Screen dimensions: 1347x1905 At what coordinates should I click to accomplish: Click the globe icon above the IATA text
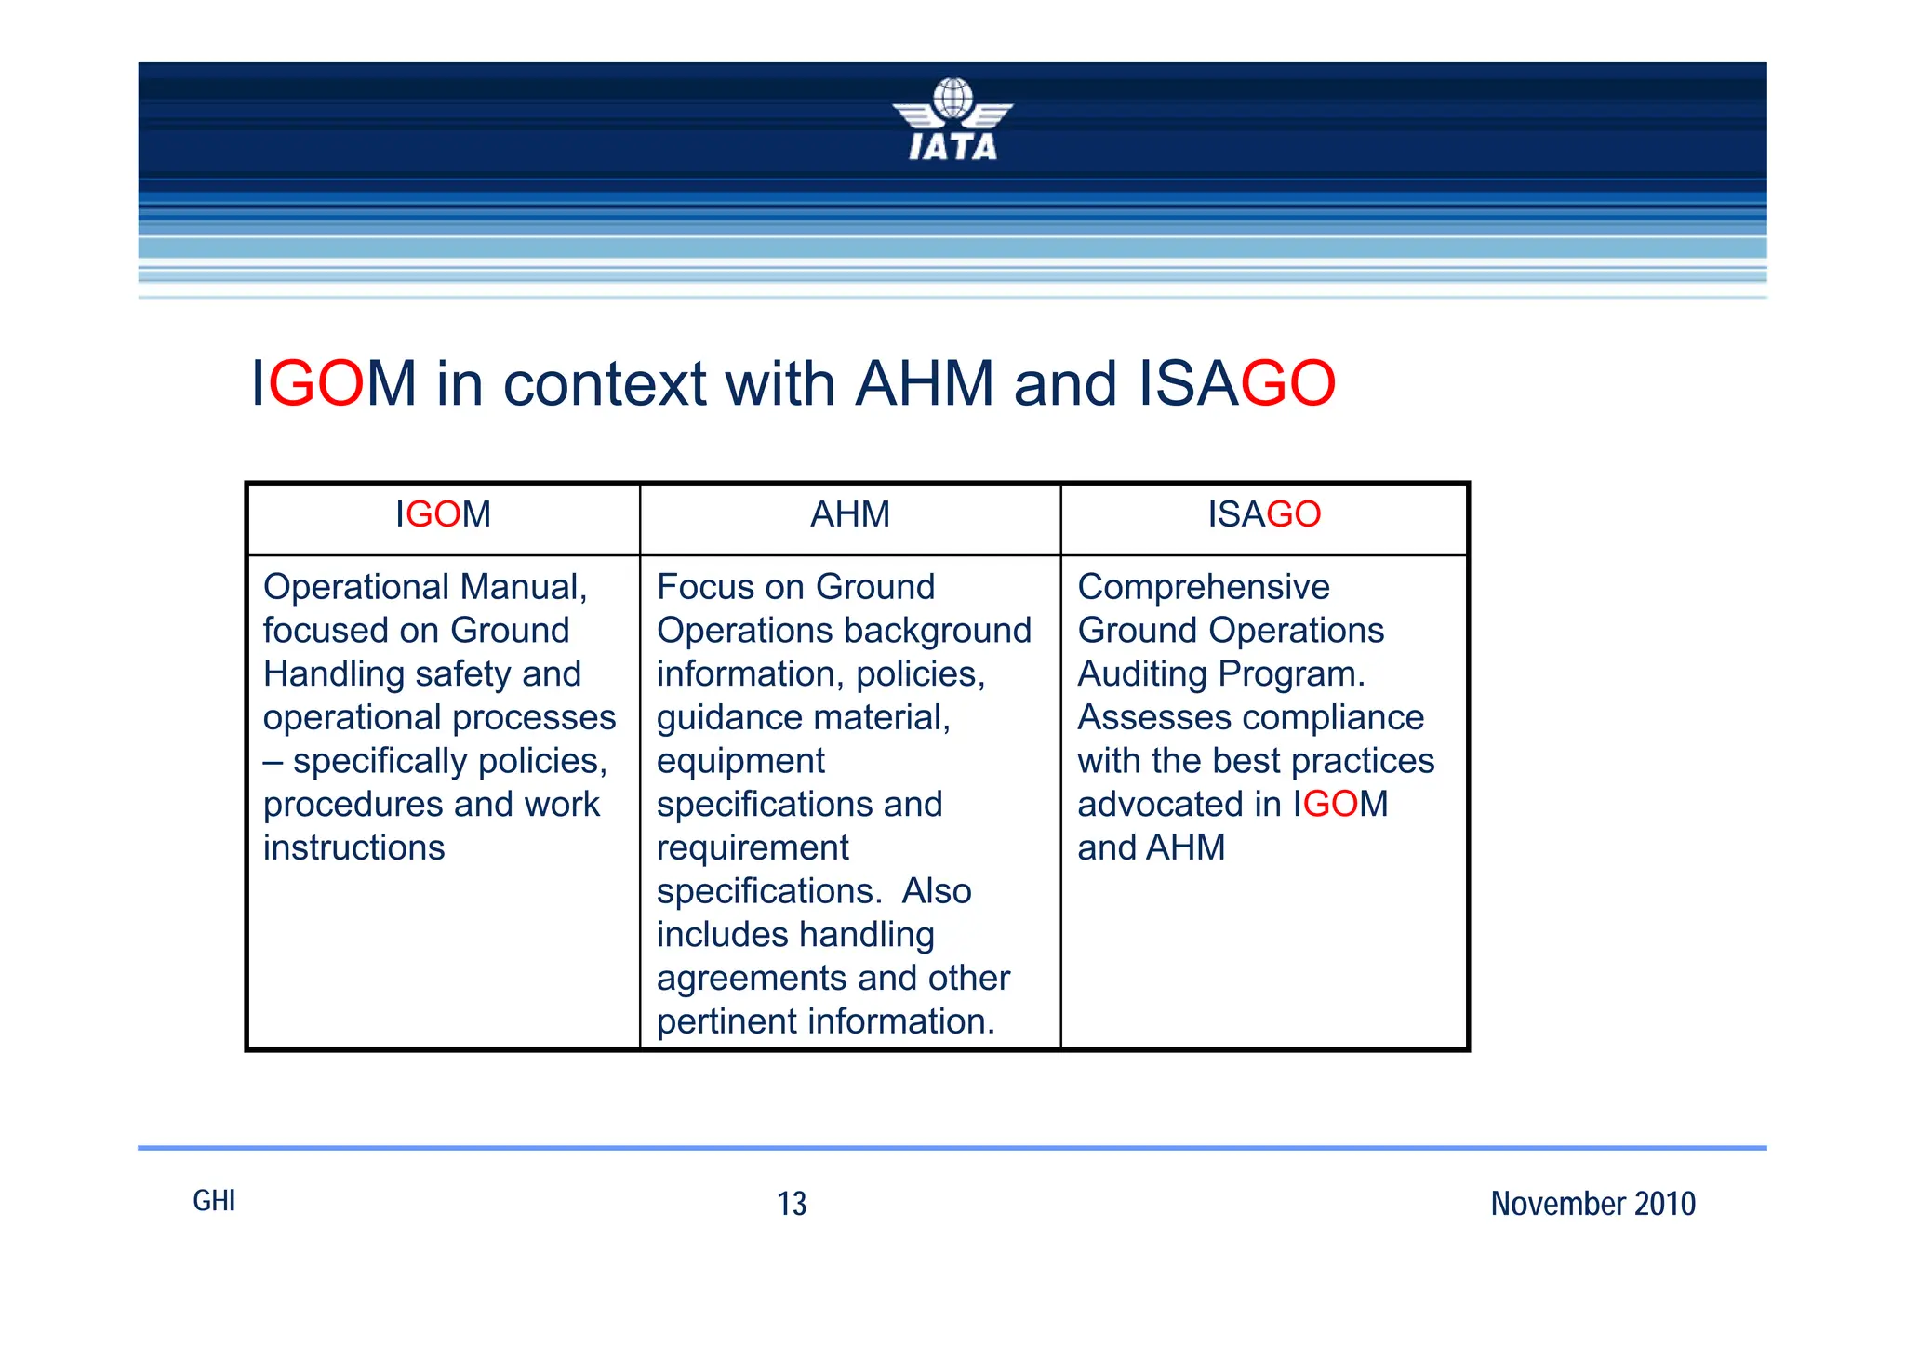coord(952,97)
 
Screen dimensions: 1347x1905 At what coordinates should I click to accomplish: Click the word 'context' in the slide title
coord(605,383)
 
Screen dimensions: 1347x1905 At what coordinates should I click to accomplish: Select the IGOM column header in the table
coord(443,514)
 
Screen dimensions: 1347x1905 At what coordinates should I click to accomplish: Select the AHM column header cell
coord(849,514)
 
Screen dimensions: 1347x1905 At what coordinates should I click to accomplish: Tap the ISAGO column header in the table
coord(1263,514)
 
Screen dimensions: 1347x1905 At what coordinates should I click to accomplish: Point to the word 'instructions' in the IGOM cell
coord(353,847)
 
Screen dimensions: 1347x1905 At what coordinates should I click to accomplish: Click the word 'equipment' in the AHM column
coord(740,761)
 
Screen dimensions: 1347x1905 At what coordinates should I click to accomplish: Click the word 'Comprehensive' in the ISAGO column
coord(1204,587)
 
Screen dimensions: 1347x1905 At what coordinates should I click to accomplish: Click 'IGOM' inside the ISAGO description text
coord(1339,804)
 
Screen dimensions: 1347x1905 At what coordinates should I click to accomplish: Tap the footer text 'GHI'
coord(214,1201)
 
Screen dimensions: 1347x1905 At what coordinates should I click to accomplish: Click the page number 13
coord(792,1204)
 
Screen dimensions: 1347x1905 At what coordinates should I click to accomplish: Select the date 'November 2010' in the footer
coord(1592,1204)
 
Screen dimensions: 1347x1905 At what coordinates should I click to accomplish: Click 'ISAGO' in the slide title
coord(1236,383)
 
